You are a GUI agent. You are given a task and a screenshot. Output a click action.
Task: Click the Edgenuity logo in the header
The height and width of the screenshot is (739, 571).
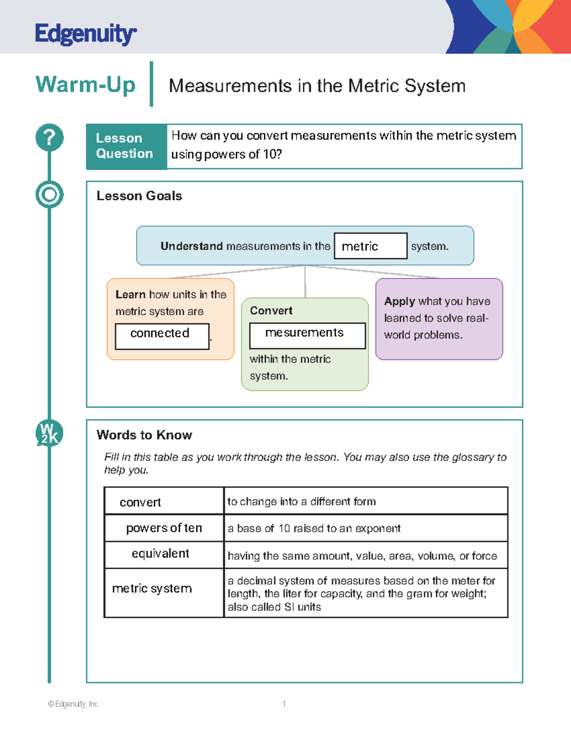pos(86,34)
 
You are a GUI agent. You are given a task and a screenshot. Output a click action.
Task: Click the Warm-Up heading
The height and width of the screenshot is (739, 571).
pos(86,85)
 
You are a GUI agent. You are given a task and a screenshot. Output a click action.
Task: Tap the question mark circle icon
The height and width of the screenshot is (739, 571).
pos(49,138)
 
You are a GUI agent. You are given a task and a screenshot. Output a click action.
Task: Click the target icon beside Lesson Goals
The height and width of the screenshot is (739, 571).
pos(49,195)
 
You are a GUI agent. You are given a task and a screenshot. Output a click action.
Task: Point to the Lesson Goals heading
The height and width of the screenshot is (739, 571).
pos(139,196)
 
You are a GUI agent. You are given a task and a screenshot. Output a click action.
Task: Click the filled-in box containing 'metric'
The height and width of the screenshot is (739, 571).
pos(370,246)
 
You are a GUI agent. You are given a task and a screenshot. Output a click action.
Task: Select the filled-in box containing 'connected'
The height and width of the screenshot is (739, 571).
pos(162,336)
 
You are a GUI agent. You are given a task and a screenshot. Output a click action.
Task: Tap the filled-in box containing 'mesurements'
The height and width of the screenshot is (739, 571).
pos(307,335)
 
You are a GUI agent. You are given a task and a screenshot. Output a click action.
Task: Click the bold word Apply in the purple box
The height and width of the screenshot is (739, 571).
pos(400,301)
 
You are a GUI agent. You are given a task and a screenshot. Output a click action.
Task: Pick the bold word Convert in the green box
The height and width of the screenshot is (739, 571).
pos(271,311)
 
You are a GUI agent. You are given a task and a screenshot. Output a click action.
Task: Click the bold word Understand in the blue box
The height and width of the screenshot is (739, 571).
pos(191,246)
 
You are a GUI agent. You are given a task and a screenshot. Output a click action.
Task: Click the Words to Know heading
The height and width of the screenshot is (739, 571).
pos(144,435)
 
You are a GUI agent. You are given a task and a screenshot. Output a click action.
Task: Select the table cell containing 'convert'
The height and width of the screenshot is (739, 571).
pos(164,501)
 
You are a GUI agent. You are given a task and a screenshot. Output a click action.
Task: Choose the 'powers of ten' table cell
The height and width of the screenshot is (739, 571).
pos(164,528)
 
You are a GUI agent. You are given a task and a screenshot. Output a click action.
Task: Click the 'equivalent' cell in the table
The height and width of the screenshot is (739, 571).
pos(164,554)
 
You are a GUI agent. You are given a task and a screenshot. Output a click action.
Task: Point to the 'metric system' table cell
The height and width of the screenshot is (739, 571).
pos(164,592)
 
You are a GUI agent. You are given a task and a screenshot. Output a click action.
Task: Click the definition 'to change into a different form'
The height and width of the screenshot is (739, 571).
pos(302,502)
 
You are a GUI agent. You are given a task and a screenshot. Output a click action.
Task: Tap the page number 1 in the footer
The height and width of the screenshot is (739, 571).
pos(284,704)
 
